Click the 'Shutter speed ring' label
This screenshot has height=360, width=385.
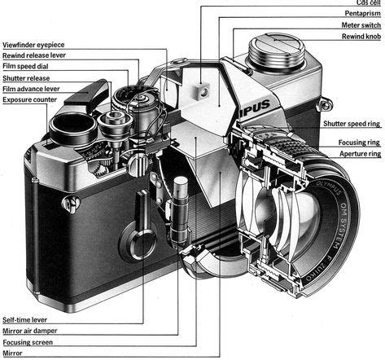[x=351, y=124]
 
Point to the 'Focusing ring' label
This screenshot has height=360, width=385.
[x=359, y=142]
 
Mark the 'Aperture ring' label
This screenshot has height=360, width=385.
[x=359, y=152]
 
